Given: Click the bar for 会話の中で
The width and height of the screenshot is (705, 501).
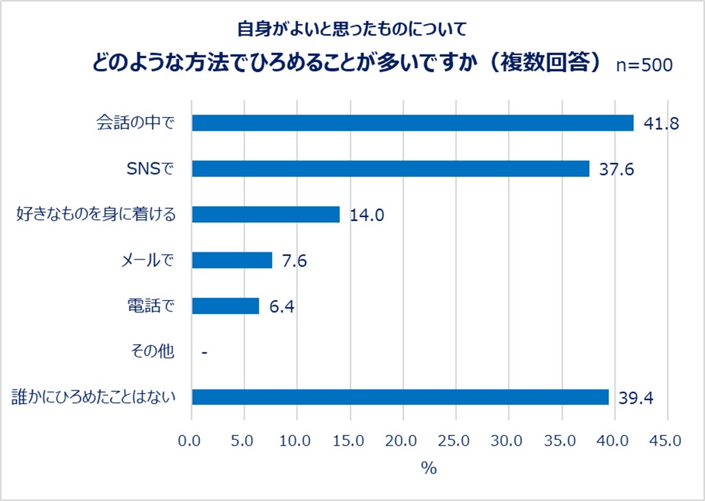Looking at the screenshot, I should [x=412, y=122].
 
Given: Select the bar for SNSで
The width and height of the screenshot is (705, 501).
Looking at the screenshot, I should [x=390, y=168].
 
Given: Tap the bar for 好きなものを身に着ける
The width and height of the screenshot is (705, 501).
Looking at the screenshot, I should [x=266, y=214].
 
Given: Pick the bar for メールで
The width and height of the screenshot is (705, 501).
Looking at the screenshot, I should [x=232, y=260].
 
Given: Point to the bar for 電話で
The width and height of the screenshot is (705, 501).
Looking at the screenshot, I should [x=225, y=306].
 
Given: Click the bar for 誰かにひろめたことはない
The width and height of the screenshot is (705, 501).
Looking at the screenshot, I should [x=400, y=397].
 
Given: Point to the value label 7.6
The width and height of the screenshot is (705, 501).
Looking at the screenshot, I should [x=294, y=261].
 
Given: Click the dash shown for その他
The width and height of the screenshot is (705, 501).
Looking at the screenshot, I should [x=204, y=352].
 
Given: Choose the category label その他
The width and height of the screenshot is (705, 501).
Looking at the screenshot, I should [x=152, y=352].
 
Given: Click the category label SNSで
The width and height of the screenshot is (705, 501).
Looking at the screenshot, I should [x=150, y=168].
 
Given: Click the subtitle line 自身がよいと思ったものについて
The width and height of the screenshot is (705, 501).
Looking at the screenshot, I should [x=352, y=28].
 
